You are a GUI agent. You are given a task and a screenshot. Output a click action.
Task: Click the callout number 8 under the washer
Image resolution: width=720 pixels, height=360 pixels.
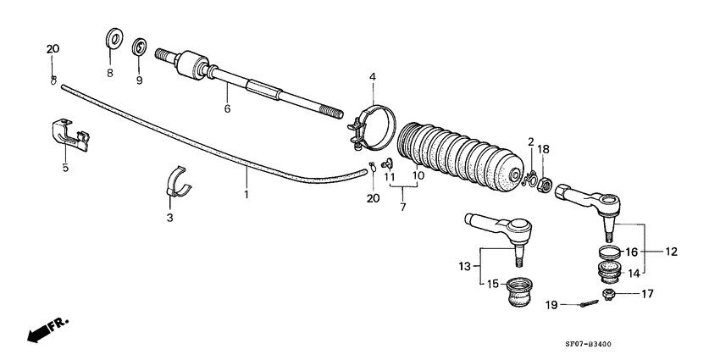(109, 74)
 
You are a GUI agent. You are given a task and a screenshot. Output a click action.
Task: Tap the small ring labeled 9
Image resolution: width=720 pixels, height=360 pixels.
(140, 47)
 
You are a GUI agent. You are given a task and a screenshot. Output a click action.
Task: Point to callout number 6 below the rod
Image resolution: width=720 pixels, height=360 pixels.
(226, 109)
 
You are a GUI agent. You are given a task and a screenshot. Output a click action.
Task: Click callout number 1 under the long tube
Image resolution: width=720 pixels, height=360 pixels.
(247, 194)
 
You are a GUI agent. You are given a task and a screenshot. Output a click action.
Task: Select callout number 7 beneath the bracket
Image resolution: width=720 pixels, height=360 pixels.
(404, 207)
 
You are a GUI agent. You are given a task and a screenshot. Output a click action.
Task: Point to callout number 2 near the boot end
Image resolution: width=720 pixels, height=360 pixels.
(531, 141)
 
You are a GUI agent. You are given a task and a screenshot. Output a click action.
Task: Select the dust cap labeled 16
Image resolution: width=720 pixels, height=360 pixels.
(608, 252)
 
